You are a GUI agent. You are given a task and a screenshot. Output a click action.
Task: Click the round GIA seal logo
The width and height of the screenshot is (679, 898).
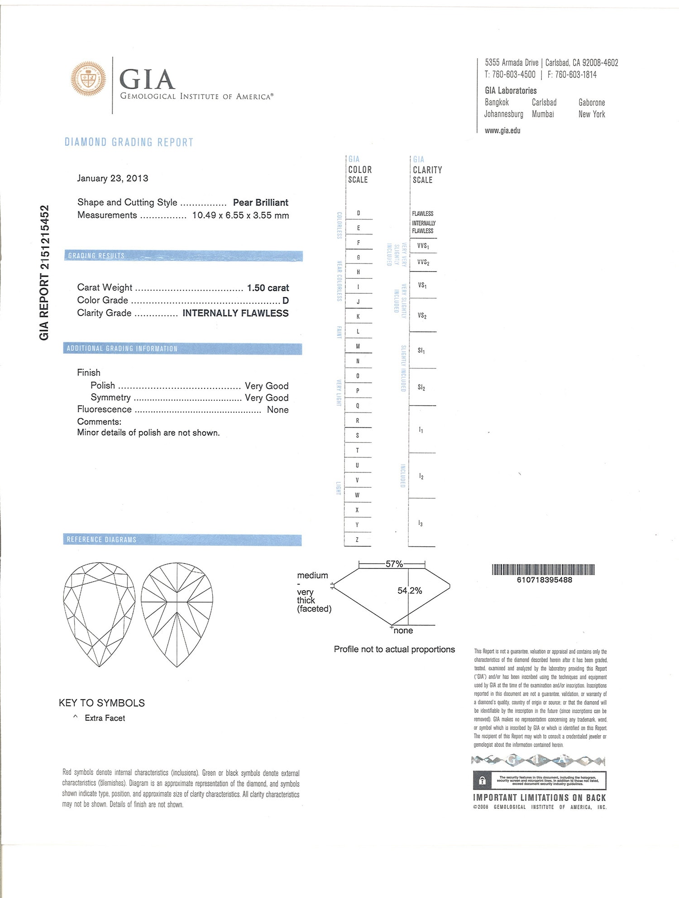pos(89,79)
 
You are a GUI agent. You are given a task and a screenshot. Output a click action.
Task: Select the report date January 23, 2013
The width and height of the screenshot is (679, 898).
pos(112,178)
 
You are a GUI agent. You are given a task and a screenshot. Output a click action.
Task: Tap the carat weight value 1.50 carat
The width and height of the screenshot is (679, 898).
pos(268,288)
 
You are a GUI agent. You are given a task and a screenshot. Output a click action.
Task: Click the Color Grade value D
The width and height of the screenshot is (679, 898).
pos(286,301)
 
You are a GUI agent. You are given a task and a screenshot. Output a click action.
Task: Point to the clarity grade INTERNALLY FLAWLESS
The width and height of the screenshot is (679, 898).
pos(235,313)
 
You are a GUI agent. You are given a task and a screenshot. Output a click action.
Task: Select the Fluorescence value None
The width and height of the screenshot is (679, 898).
pos(277,410)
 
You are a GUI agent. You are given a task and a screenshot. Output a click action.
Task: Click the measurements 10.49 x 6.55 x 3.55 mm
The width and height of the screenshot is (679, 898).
pos(240,215)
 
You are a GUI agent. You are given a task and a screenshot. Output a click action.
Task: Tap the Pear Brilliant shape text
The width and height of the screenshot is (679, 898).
pos(260,202)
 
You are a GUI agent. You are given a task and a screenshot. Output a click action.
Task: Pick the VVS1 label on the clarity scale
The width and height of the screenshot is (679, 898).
pos(423,246)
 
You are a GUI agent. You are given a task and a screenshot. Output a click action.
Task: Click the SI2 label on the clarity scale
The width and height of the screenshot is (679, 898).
pos(421,387)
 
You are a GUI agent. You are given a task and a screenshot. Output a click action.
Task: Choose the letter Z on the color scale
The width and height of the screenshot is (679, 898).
pos(357,540)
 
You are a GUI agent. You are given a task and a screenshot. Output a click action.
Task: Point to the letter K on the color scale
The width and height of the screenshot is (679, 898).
pos(358,316)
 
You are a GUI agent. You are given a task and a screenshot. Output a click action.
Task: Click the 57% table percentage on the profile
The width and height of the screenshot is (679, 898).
pos(394,564)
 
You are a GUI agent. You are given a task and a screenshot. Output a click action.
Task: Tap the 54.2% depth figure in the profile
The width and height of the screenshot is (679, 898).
pos(410,591)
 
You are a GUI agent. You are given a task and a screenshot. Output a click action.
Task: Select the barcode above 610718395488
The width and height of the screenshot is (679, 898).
pos(543,569)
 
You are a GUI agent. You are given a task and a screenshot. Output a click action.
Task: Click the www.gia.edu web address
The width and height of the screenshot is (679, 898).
pos(502,131)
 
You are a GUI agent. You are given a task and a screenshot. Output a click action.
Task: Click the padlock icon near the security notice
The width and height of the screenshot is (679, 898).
pos(482,780)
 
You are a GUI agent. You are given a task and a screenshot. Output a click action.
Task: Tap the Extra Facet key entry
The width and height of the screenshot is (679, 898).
pos(105,718)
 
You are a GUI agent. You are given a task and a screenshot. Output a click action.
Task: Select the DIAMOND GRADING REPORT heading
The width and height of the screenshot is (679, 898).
pos(129,142)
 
